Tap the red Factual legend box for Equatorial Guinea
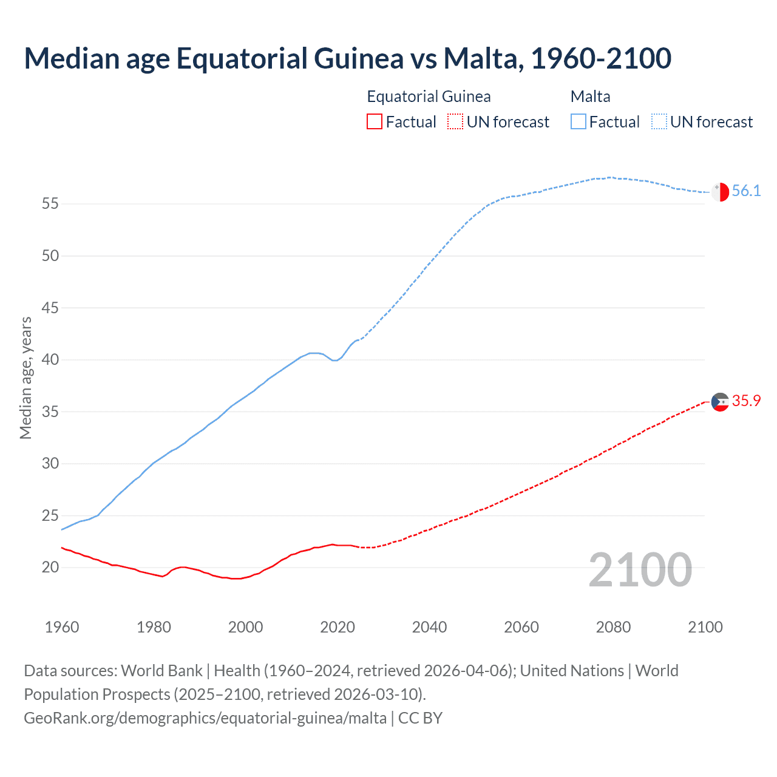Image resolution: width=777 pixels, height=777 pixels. click(375, 122)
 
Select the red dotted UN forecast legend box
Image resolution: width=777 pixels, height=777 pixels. click(455, 122)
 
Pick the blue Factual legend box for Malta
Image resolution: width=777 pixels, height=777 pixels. click(579, 122)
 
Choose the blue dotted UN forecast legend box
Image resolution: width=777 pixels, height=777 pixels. click(659, 122)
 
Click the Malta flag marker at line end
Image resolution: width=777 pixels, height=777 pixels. click(720, 192)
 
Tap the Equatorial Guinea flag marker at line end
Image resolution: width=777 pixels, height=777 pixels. click(720, 402)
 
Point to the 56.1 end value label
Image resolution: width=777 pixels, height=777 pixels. click(746, 191)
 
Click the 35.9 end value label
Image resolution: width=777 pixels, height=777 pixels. click(746, 401)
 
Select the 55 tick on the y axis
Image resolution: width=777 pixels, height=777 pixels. click(50, 204)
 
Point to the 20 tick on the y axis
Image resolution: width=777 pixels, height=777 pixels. click(50, 568)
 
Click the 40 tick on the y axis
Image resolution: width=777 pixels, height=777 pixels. click(50, 360)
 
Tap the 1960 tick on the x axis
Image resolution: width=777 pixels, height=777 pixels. click(62, 627)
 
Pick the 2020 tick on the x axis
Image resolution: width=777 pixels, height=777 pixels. click(338, 627)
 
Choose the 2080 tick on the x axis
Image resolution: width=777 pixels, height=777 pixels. click(613, 627)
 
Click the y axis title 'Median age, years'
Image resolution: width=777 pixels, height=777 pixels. click(26, 378)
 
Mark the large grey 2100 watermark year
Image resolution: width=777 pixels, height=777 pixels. click(640, 570)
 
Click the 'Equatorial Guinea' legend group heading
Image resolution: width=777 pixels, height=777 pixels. click(429, 97)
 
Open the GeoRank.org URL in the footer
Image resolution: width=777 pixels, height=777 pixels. click(205, 718)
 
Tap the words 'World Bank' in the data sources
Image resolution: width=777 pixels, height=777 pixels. click(161, 671)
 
